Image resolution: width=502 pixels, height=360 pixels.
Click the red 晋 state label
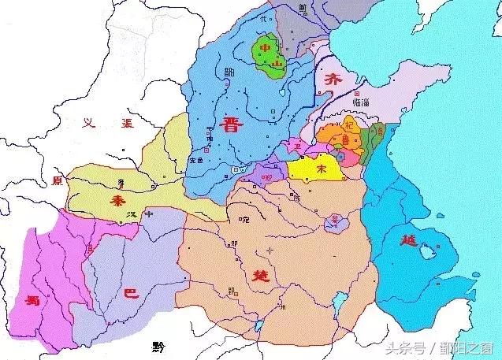coord(232,125)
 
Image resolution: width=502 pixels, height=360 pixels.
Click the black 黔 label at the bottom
coord(159,346)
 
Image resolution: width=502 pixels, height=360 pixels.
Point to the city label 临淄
coord(344,113)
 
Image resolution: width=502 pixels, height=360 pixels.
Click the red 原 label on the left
coord(56,180)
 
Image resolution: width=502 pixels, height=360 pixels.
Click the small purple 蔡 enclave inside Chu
coord(336,221)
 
